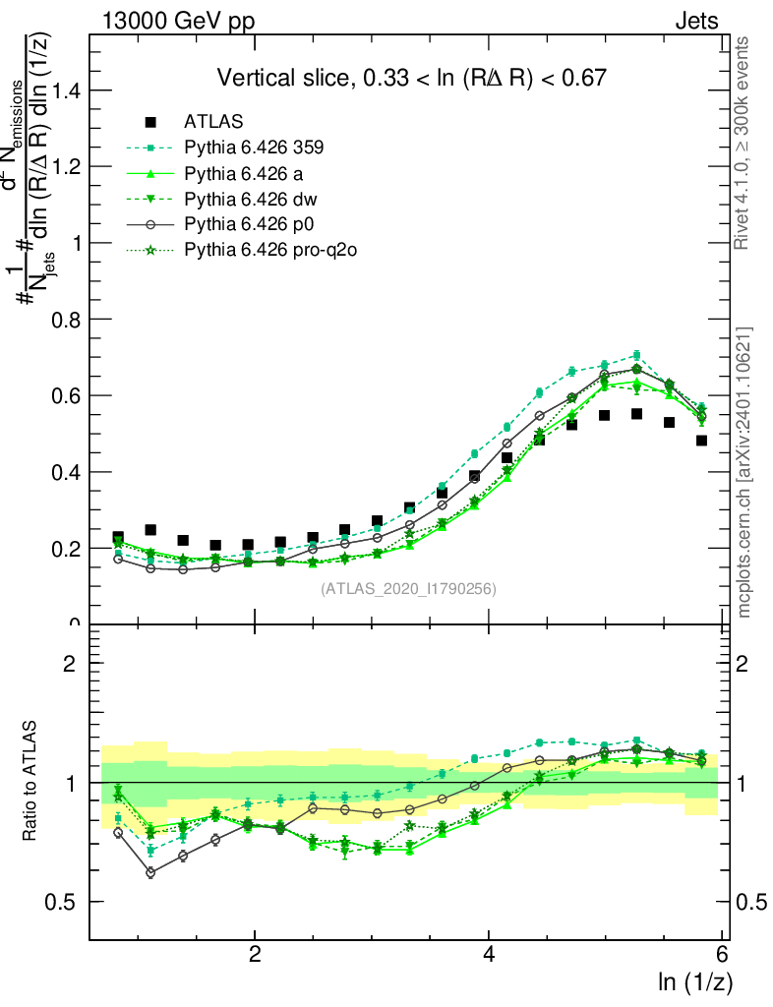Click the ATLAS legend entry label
(x=213, y=123)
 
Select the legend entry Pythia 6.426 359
(x=254, y=148)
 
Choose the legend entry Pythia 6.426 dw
(x=245, y=200)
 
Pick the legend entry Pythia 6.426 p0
(x=244, y=225)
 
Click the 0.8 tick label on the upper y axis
(x=67, y=320)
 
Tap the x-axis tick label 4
(x=489, y=955)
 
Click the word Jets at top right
(x=696, y=21)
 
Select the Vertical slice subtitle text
(x=411, y=78)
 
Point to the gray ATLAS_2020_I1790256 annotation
(x=408, y=589)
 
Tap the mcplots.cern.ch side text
(x=744, y=472)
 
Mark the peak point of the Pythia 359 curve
(x=636, y=355)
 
